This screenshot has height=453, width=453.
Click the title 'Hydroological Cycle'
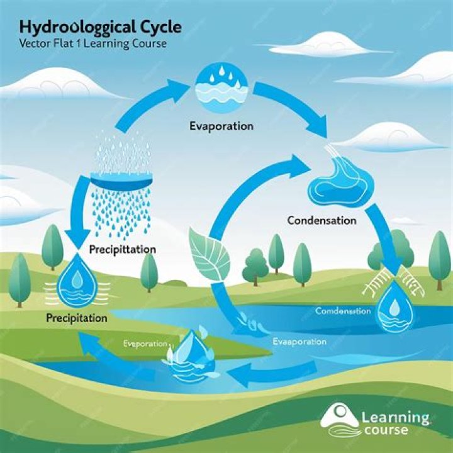(100, 27)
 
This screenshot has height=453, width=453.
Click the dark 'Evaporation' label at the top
(221, 126)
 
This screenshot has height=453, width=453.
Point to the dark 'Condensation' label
(322, 221)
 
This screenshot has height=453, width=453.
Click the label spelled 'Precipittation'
(122, 250)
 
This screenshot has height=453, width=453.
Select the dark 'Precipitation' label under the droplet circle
(77, 318)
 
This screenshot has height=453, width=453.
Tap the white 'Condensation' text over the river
(343, 311)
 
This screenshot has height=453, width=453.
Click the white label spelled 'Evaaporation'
(299, 342)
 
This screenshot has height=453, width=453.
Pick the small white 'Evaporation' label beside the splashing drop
(145, 344)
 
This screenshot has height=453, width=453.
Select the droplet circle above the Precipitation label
(77, 281)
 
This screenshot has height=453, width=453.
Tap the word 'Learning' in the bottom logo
(396, 417)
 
